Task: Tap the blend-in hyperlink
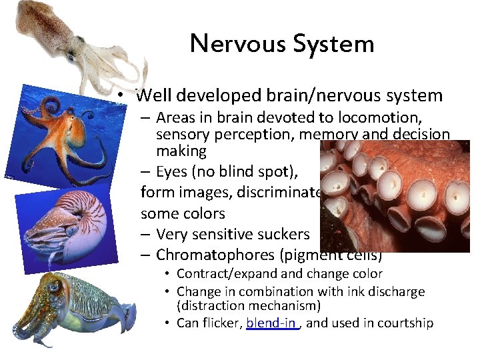(271, 323)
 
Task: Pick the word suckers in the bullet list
(284, 234)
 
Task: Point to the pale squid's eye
(69, 57)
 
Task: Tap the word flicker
(220, 323)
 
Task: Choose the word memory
(324, 135)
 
